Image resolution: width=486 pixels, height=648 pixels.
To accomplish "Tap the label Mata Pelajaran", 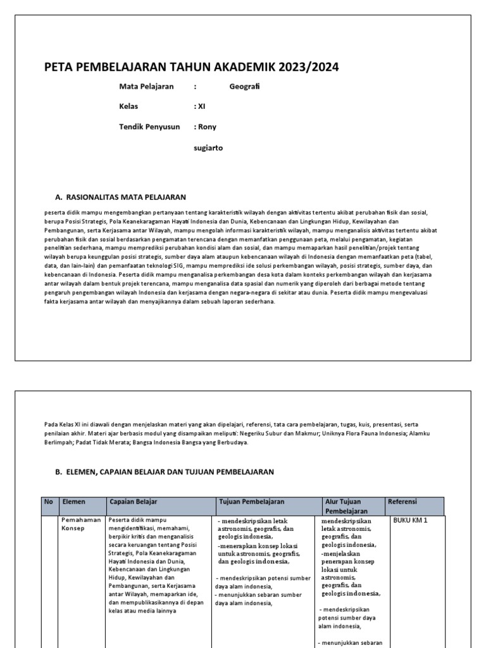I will [146, 87].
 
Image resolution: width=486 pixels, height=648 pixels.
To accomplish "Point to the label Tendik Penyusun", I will [149, 127].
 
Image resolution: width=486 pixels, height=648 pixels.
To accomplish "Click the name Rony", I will [207, 127].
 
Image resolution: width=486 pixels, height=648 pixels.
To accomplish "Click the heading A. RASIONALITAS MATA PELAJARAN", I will [121, 197].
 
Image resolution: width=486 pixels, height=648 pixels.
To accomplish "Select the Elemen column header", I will [74, 502].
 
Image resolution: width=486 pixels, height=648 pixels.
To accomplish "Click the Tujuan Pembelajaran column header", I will [251, 502].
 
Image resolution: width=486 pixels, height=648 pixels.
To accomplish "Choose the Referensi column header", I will [402, 502].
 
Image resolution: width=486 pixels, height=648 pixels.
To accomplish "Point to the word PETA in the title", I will [57, 68].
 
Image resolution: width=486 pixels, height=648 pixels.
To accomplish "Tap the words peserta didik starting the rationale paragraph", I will [63, 213].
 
